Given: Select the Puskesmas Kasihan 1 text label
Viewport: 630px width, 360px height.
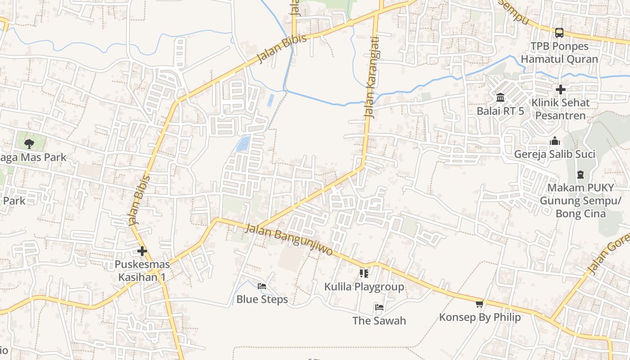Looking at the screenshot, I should (142, 270).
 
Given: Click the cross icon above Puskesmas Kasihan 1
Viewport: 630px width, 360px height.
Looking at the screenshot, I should (142, 251).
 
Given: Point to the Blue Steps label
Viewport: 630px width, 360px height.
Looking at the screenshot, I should (262, 299).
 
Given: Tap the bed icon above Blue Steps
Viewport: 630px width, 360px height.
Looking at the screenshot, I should (262, 286).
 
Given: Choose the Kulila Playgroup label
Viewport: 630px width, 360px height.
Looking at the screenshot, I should (364, 287).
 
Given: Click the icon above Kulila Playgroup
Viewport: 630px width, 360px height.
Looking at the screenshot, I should (364, 273).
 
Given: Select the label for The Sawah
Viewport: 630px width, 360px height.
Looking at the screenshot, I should (379, 321).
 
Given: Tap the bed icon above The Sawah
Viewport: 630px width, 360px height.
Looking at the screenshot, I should (379, 307).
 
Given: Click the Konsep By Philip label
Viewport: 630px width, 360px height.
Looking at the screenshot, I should (480, 317).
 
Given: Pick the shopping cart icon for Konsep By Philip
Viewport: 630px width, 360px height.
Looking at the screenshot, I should (480, 304).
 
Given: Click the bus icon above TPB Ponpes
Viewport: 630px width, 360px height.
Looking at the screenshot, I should (559, 32).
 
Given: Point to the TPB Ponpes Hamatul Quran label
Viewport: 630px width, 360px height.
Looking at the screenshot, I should (559, 53).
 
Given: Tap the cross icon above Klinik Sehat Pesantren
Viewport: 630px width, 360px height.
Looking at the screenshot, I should (560, 90).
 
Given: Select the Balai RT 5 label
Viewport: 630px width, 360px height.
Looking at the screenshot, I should (500, 111).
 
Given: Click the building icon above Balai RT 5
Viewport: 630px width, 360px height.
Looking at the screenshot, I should (500, 98).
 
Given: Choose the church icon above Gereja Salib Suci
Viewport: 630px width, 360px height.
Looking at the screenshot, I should (554, 141).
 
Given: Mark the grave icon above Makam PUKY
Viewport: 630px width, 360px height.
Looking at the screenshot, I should (580, 175).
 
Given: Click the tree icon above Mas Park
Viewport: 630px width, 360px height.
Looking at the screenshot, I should (29, 144).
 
